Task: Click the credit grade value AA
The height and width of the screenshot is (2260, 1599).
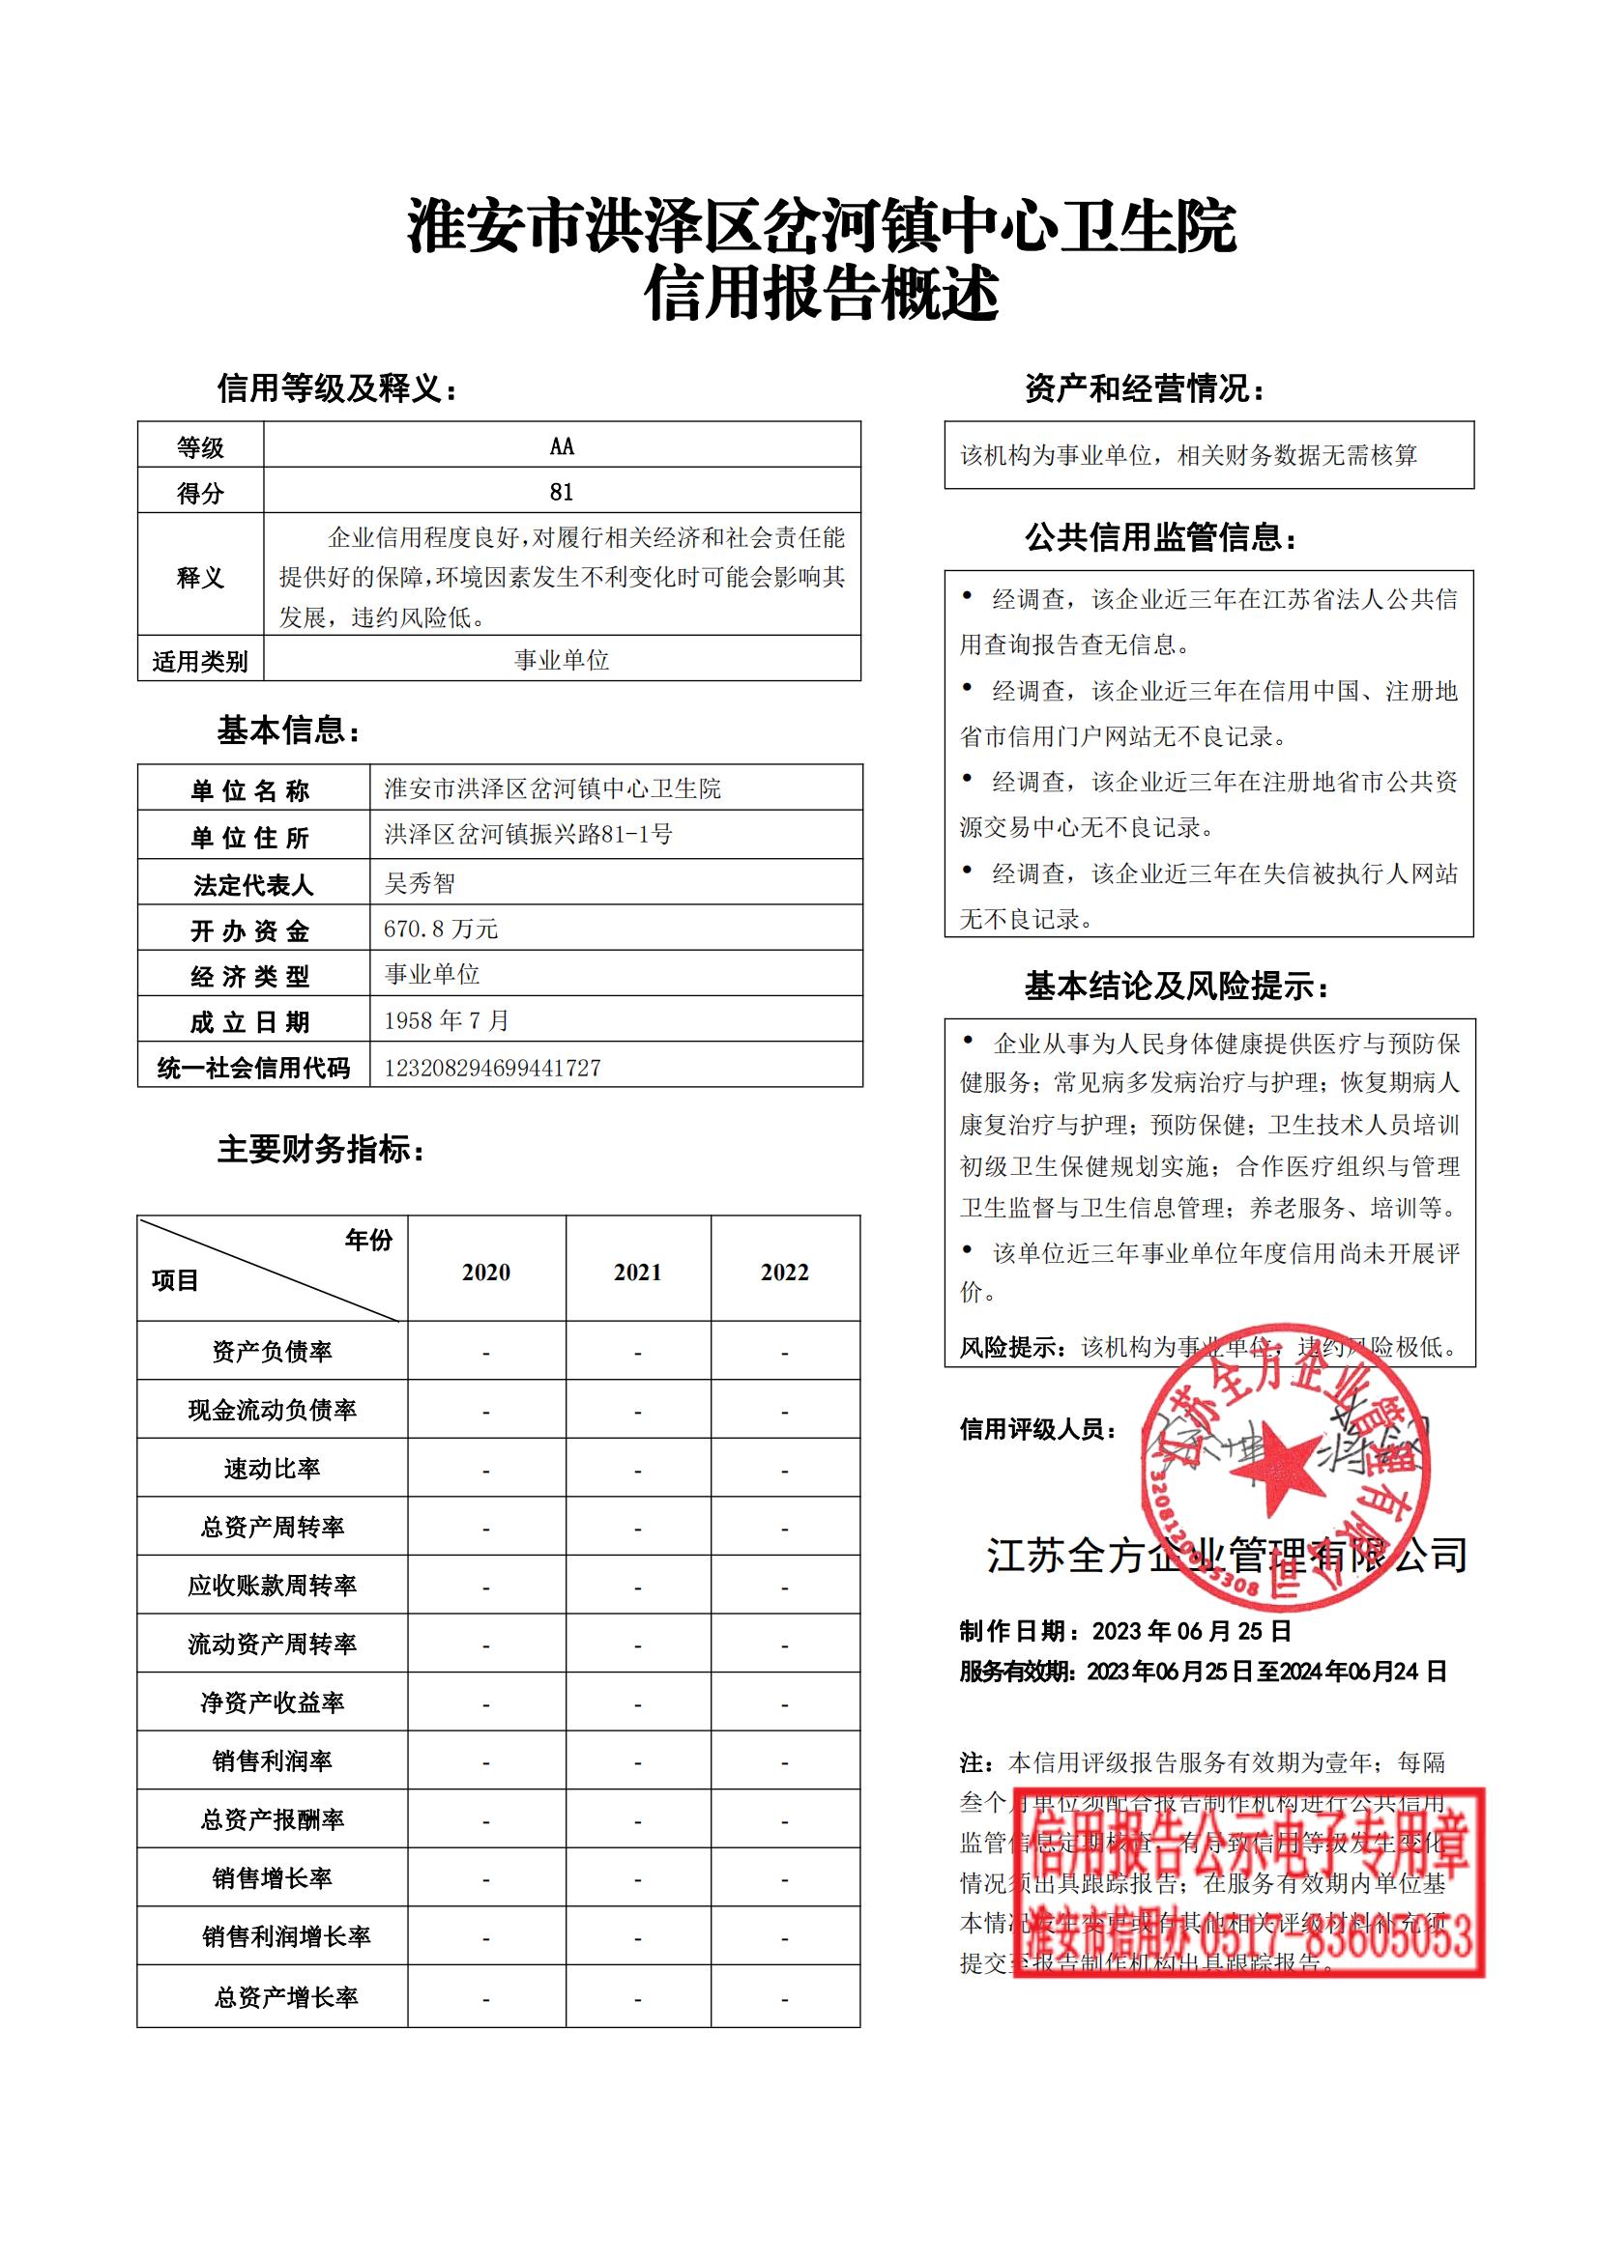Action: pos(562,447)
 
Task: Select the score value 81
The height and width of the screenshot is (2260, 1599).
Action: pos(562,492)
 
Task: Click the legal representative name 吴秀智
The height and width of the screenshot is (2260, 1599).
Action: pos(421,883)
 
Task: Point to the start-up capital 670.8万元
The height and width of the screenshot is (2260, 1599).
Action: pos(441,929)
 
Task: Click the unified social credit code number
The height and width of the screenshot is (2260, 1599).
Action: pos(492,1068)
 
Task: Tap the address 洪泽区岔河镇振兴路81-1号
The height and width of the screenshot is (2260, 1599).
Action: pos(528,835)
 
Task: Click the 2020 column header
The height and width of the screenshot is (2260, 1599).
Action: pos(486,1273)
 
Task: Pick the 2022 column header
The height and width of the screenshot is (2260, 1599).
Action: pos(785,1273)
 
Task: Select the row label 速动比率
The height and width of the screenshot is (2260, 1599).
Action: pos(272,1469)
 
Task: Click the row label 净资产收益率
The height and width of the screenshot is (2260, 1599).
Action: pos(272,1702)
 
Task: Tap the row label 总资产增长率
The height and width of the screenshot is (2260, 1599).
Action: pos(285,1997)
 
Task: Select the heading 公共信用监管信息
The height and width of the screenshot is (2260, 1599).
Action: pos(1161,537)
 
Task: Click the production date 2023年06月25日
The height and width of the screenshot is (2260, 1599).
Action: pos(1191,1631)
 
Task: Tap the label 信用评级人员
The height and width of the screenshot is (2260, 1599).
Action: pos(1037,1429)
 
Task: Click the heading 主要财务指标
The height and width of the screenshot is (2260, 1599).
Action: pos(321,1149)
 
